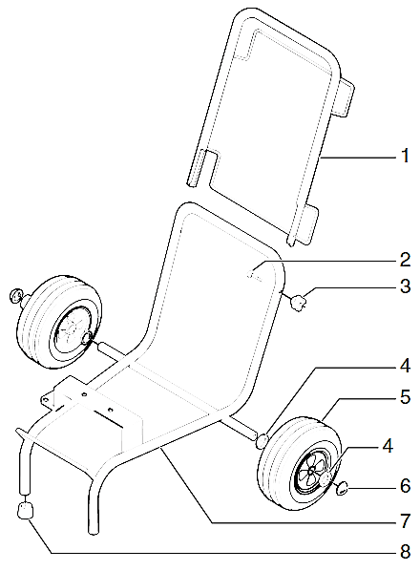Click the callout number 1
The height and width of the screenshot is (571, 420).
[x=404, y=153]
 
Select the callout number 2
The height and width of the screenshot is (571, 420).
[x=404, y=258]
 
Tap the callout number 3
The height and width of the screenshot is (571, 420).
[x=404, y=285]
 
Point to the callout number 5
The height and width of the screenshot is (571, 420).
[x=404, y=394]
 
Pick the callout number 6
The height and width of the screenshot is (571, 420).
[x=404, y=486]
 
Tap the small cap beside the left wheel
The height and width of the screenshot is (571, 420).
[x=16, y=293]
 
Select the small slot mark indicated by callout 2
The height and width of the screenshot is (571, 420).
[x=252, y=273]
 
